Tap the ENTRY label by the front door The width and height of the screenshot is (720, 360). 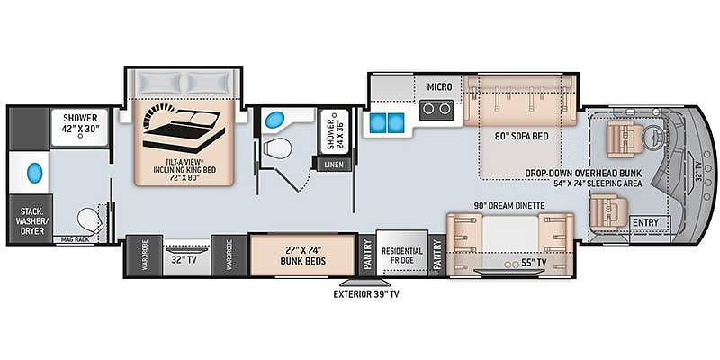click(645, 222)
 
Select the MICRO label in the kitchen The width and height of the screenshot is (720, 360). click(439, 86)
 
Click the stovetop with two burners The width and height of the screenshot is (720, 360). click(436, 109)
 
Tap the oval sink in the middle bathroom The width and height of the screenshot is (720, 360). click(274, 120)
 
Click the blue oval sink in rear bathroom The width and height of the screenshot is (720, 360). click(35, 173)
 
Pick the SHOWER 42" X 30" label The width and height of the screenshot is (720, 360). click(80, 123)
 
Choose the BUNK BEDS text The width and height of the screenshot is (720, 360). click(304, 261)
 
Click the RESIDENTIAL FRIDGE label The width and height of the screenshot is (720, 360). click(402, 256)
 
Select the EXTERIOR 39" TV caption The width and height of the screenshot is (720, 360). click(366, 294)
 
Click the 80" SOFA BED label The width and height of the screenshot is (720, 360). click(515, 137)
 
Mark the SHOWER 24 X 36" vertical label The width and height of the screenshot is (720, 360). click(334, 131)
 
